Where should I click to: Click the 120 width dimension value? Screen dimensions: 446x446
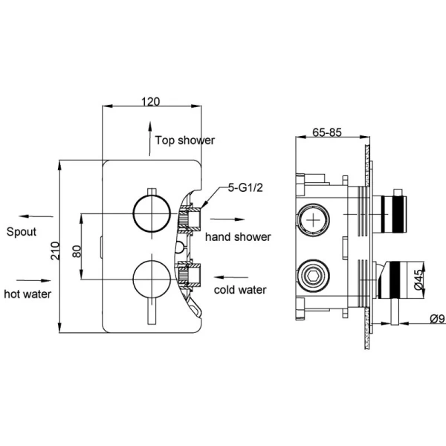[151, 103]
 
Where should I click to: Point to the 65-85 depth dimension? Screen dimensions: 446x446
[326, 133]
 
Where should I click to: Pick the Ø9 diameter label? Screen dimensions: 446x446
[436, 320]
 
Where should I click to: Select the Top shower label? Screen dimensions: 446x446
[185, 140]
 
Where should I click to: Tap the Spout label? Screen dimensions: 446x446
[22, 231]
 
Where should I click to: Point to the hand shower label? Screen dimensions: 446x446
[238, 237]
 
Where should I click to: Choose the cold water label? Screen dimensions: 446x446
[240, 289]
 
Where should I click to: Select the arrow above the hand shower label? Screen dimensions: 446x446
[227, 220]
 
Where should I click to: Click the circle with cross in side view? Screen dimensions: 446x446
[314, 221]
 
